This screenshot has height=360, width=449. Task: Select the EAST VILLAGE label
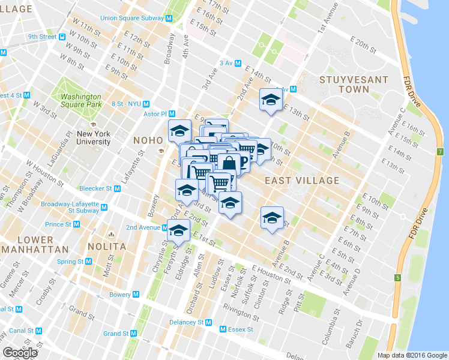pyautogui.click(x=301, y=180)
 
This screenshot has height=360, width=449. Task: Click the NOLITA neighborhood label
pyautogui.click(x=106, y=246)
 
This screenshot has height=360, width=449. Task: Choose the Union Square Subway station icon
pyautogui.click(x=169, y=19)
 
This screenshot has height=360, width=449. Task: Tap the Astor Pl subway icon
pyautogui.click(x=172, y=113)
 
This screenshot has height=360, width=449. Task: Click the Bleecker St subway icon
pyautogui.click(x=117, y=188)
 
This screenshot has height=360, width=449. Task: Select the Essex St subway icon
pyautogui.click(x=223, y=329)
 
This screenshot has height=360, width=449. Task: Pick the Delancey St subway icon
pyautogui.click(x=209, y=322)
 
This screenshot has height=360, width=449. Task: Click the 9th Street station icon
pyautogui.click(x=62, y=37)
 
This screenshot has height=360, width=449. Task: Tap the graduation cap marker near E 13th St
pyautogui.click(x=270, y=100)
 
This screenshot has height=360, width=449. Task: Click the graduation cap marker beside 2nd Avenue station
pyautogui.click(x=178, y=230)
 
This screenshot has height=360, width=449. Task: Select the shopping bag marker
pyautogui.click(x=229, y=163)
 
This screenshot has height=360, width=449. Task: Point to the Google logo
pyautogui.click(x=20, y=353)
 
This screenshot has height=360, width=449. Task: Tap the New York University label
pyautogui.click(x=93, y=138)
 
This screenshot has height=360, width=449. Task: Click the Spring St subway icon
pyautogui.click(x=88, y=262)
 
